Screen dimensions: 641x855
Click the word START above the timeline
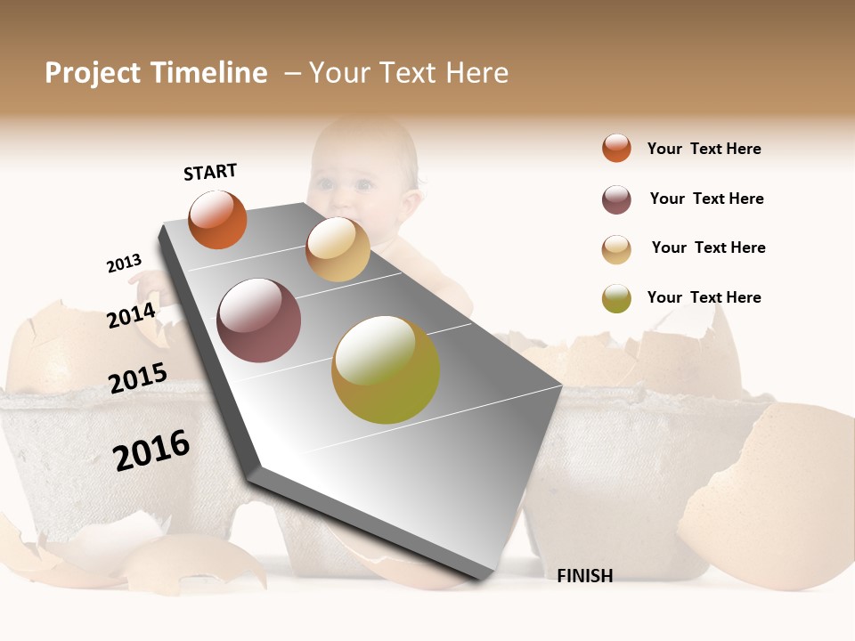pyautogui.click(x=210, y=172)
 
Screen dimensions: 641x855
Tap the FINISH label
pyautogui.click(x=584, y=576)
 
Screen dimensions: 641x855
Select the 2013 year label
pyautogui.click(x=124, y=264)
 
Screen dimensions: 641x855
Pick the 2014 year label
pyautogui.click(x=131, y=315)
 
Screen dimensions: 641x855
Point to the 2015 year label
pyautogui.click(x=137, y=378)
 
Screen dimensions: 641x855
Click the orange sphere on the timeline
pyautogui.click(x=217, y=219)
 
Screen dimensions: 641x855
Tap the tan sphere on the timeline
pyautogui.click(x=338, y=249)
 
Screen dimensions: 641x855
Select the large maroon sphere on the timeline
pyautogui.click(x=258, y=320)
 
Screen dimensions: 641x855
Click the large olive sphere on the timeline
pyautogui.click(x=385, y=369)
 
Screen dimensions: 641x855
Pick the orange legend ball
pyautogui.click(x=616, y=148)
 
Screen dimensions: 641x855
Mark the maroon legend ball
pyautogui.click(x=616, y=199)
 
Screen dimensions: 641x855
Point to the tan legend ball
pyautogui.click(x=616, y=249)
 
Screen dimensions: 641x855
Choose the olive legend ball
pyautogui.click(x=616, y=298)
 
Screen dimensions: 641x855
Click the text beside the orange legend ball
pyautogui.click(x=704, y=149)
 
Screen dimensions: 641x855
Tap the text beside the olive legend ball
pyautogui.click(x=704, y=297)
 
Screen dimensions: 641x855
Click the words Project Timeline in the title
pyautogui.click(x=156, y=73)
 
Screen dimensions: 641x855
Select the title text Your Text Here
pyautogui.click(x=408, y=73)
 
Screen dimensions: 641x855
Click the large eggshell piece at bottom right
pyautogui.click(x=766, y=499)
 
